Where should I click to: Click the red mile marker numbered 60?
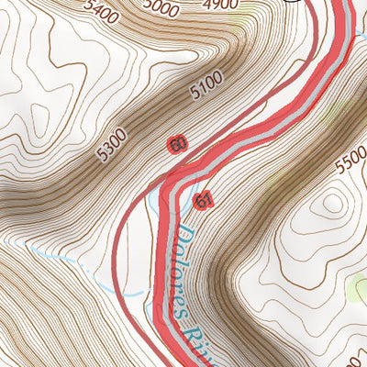pos(177,144)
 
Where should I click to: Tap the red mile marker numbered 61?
pos(204,200)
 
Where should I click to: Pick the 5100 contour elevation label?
pos(206,88)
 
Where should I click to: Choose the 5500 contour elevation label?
pos(350,166)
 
